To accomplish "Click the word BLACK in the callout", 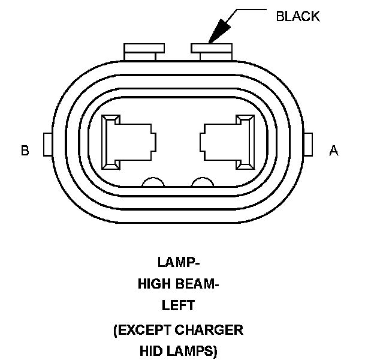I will [297, 17].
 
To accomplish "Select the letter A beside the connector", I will [334, 150].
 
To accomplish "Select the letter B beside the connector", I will [25, 150].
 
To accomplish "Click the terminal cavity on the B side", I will [129, 142].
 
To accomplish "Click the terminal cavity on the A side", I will [227, 142].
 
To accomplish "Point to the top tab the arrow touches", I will [211, 51].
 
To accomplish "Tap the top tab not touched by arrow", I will [144, 51].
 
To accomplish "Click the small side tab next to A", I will [309, 145].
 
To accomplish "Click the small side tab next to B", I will [48, 145].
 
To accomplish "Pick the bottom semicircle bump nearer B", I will [153, 184].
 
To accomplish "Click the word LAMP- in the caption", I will [178, 262].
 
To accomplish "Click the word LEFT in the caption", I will [178, 305].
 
